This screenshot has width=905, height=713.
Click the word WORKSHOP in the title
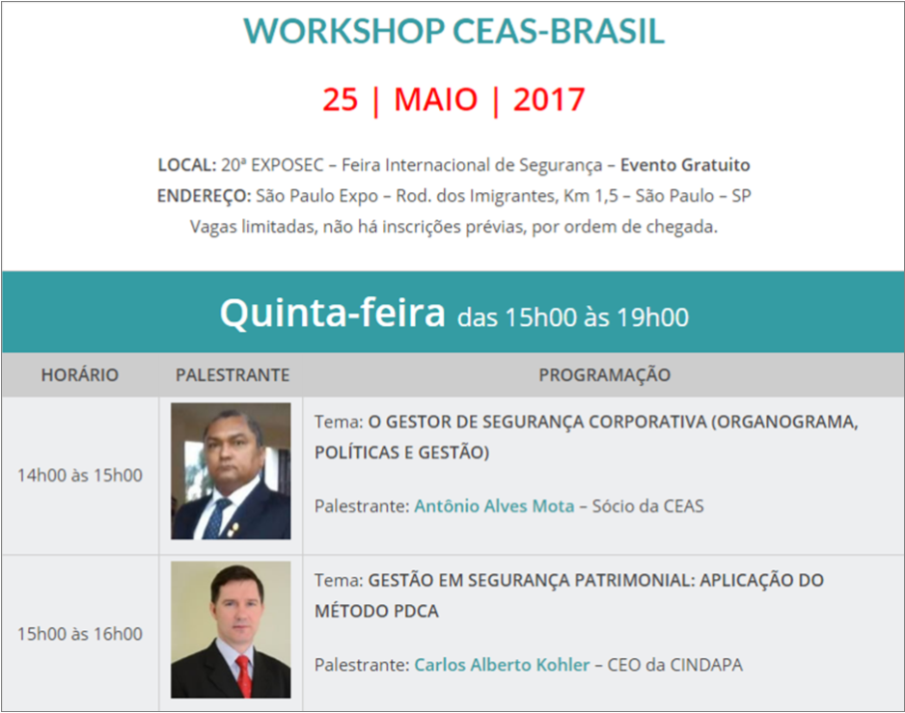(344, 31)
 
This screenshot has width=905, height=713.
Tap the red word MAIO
(436, 99)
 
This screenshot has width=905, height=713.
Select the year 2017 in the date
(549, 99)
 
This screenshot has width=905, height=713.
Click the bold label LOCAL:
(187, 165)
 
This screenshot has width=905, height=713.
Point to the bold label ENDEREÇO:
(204, 196)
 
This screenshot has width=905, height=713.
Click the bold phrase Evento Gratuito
(685, 165)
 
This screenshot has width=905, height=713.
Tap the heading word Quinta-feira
(333, 313)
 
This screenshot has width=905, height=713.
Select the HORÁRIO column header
(80, 374)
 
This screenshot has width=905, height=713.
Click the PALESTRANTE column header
(233, 375)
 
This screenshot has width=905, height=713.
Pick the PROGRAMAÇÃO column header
(604, 375)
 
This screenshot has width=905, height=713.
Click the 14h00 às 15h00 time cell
(80, 475)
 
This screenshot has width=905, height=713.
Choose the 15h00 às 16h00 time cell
(80, 634)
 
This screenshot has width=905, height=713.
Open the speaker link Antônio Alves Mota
(494, 507)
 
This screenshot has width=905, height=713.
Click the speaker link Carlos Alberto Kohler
(502, 665)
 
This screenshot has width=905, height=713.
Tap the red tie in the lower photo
(244, 676)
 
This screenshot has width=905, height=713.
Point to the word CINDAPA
(706, 665)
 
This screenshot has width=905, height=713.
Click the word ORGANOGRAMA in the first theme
(785, 423)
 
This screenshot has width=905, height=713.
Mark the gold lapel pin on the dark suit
(233, 528)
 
